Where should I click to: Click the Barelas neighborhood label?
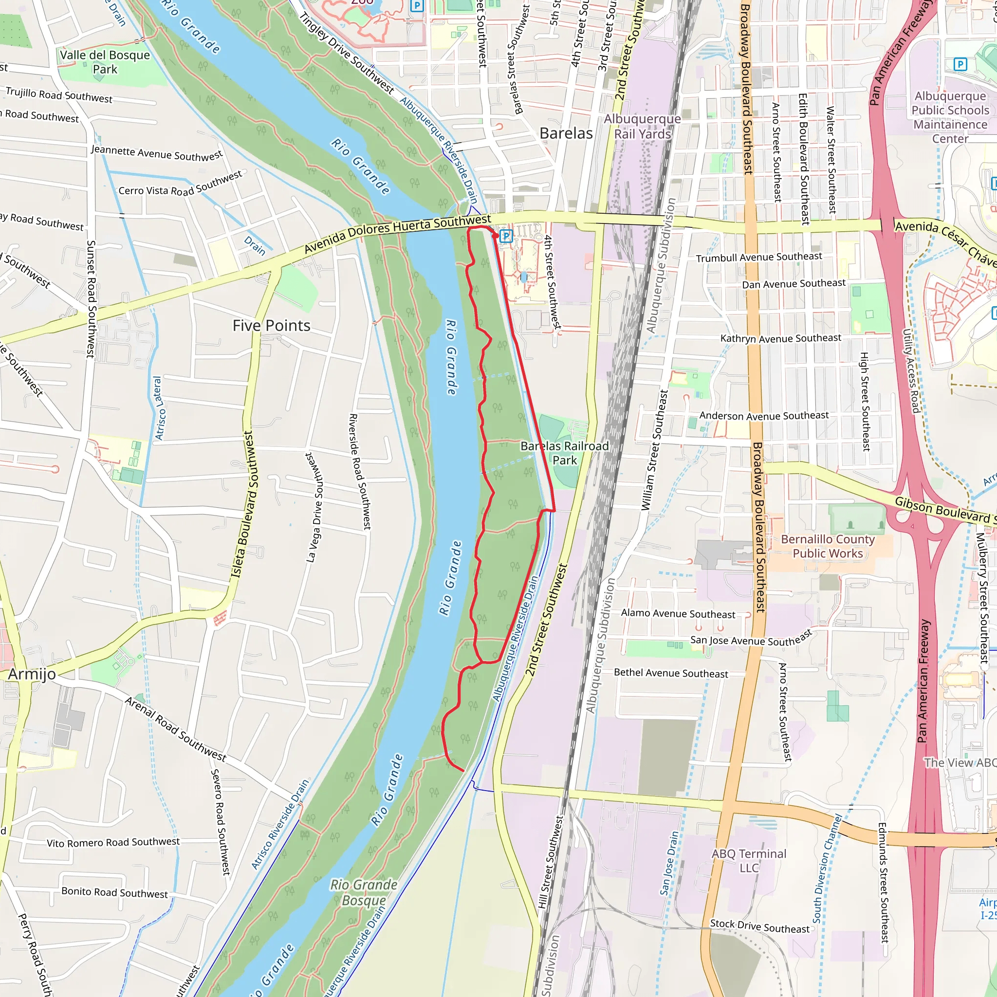pyautogui.click(x=566, y=133)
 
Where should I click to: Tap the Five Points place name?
pyautogui.click(x=272, y=326)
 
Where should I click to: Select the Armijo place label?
pyautogui.click(x=32, y=674)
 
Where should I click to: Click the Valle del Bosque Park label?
pyautogui.click(x=105, y=62)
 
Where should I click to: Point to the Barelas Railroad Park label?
pyautogui.click(x=564, y=453)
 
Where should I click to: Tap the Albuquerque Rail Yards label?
pyautogui.click(x=642, y=127)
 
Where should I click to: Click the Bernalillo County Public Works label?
pyautogui.click(x=827, y=547)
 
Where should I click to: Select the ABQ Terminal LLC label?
pyautogui.click(x=748, y=861)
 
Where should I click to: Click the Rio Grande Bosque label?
pyautogui.click(x=364, y=893)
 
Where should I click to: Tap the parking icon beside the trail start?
pyautogui.click(x=506, y=236)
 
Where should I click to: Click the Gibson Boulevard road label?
pyautogui.click(x=942, y=510)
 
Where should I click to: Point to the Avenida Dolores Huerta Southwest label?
pyautogui.click(x=397, y=234)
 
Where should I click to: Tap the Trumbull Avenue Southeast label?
pyautogui.click(x=758, y=257)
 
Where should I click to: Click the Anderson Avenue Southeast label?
pyautogui.click(x=764, y=416)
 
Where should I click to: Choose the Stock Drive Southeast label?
pyautogui.click(x=759, y=927)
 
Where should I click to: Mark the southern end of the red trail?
pyautogui.click(x=463, y=771)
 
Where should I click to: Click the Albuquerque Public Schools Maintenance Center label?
pyautogui.click(x=950, y=117)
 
